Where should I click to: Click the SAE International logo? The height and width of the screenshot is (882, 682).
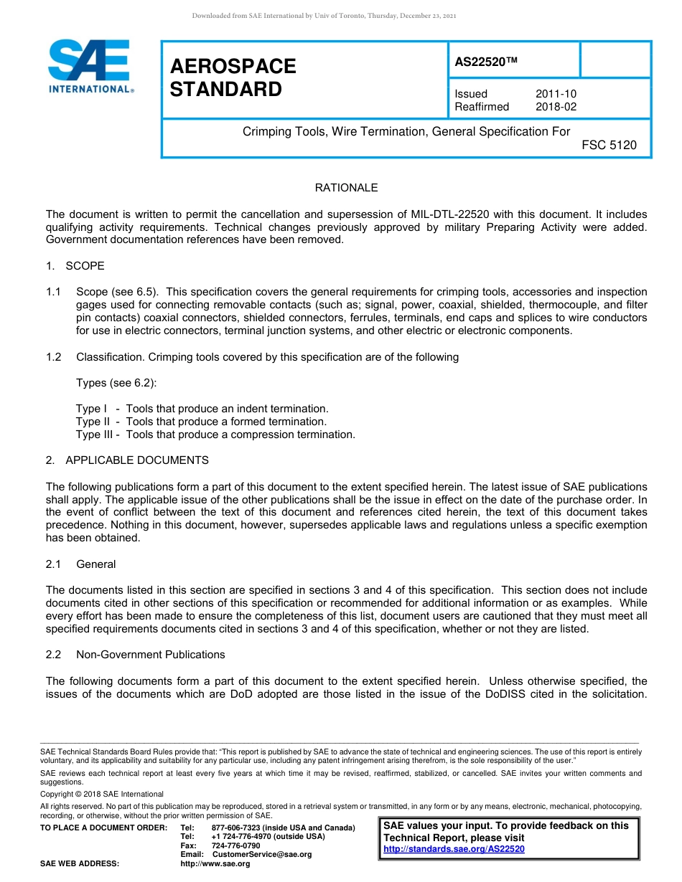click(x=90, y=65)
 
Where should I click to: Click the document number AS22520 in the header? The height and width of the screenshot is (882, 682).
click(x=486, y=62)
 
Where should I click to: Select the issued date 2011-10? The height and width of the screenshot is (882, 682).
click(x=556, y=94)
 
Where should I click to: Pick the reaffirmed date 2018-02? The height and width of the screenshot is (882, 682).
click(x=556, y=107)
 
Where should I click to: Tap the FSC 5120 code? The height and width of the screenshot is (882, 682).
click(x=609, y=145)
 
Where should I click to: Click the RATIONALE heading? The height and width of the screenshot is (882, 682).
click(x=346, y=188)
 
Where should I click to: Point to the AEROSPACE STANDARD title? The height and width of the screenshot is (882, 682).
click(x=233, y=77)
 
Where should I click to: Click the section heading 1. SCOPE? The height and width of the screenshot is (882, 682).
click(x=75, y=266)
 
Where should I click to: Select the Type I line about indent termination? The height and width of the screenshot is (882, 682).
click(x=202, y=409)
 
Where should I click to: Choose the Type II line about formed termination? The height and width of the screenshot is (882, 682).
click(x=201, y=422)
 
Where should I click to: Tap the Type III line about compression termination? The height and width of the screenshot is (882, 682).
click(x=215, y=435)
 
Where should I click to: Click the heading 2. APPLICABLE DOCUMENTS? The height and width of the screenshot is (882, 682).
click(x=127, y=460)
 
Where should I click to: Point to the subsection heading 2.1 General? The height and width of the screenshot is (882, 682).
click(x=80, y=564)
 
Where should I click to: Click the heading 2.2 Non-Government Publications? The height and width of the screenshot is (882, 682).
click(x=135, y=655)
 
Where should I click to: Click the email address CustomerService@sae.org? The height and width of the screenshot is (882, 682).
click(x=262, y=854)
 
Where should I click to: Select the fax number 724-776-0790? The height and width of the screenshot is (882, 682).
click(x=235, y=845)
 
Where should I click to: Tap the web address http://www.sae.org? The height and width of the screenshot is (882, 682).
click(x=215, y=863)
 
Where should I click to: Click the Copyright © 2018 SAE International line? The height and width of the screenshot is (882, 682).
click(x=102, y=794)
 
